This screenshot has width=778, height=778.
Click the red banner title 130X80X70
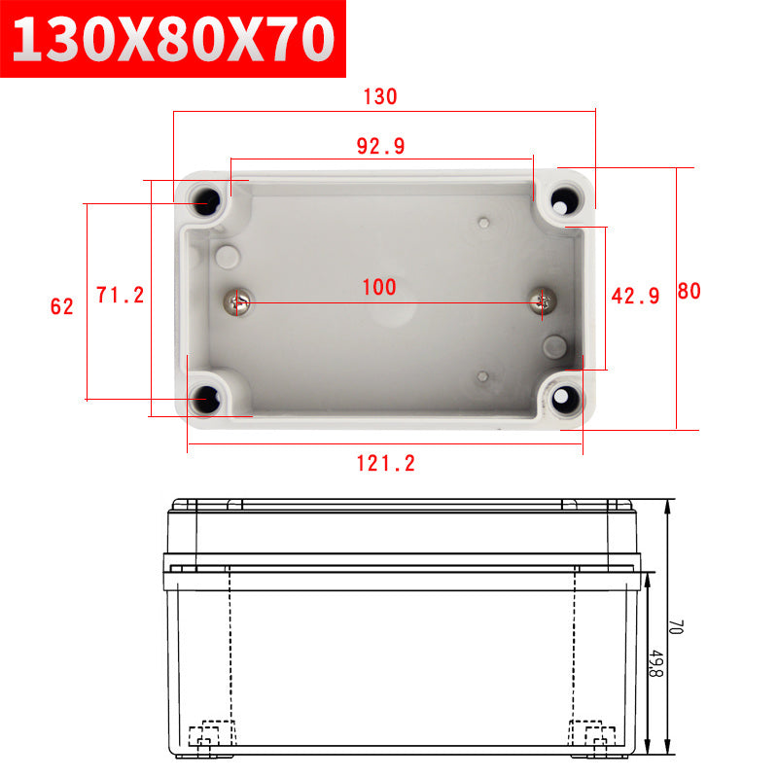pyautogui.click(x=173, y=39)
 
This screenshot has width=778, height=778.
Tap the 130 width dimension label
pyautogui.click(x=380, y=96)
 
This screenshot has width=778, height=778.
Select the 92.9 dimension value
pyautogui.click(x=380, y=146)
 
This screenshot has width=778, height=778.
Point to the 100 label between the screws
pyautogui.click(x=379, y=287)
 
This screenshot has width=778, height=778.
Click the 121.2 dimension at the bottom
pyautogui.click(x=385, y=464)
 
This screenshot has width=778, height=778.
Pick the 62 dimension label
pyautogui.click(x=62, y=306)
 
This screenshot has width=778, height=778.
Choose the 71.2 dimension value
pyautogui.click(x=120, y=296)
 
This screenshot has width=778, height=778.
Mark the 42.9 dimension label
pyautogui.click(x=635, y=297)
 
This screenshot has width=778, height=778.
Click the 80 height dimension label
pyautogui.click(x=689, y=291)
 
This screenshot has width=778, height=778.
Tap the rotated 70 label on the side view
pyautogui.click(x=676, y=626)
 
